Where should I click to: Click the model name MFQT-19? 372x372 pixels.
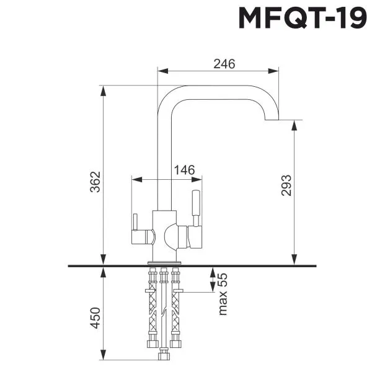pyautogui.click(x=303, y=19)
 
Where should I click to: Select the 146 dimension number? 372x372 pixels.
pyautogui.click(x=184, y=170)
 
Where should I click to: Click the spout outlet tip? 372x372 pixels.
pyautogui.click(x=271, y=120)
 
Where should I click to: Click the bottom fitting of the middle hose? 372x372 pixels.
pyautogui.click(x=164, y=356)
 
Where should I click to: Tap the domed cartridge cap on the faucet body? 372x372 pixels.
pyautogui.click(x=171, y=236)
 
